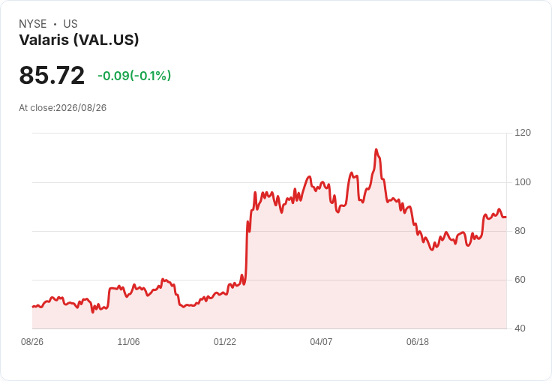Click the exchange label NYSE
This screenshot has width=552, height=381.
pos(33,24)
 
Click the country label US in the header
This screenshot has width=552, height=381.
pos(70,24)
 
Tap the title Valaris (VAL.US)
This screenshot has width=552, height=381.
pos(79,40)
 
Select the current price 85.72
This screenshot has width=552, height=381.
pos(52,75)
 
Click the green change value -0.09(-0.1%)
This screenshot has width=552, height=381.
pos(134,76)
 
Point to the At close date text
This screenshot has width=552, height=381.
pos(63,108)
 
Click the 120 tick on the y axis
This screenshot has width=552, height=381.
pos(523,133)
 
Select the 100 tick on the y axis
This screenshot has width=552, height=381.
pos(523,182)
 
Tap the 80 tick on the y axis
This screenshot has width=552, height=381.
pos(520,231)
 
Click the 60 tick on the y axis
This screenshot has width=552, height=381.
pos(520,280)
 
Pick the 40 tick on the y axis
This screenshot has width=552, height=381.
pos(520,328)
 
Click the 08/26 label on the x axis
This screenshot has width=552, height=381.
pos(32,342)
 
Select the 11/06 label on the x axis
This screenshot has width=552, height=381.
pos(128,342)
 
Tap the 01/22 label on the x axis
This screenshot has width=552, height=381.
pos(225,342)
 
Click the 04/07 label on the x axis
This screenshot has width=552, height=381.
pos(321,342)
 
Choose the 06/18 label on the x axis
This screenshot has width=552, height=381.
pos(418,342)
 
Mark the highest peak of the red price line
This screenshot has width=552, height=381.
pos(376,150)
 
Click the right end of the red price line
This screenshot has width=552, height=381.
pos(506,217)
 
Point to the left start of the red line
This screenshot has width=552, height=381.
pos(33,307)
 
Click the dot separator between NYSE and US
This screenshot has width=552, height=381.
pos(55,24)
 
